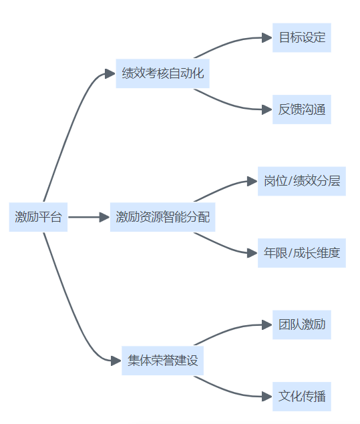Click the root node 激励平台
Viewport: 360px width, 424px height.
38,217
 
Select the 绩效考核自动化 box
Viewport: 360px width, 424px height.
162,73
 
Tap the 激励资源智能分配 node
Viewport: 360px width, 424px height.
162,217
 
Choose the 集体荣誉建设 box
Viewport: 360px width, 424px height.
162,361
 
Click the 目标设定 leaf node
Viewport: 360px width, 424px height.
302,37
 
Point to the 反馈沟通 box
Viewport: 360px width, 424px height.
302,110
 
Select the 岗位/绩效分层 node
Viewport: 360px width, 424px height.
302,181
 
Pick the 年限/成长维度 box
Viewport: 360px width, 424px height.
302,253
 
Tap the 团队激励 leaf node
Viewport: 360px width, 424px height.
302,325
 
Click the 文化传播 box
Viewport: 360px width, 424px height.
302,397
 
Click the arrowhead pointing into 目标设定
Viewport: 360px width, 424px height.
267,37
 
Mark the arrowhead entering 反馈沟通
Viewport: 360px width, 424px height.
267,110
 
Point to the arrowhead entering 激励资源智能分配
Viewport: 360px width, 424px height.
105,217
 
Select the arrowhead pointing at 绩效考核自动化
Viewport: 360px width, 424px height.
110,73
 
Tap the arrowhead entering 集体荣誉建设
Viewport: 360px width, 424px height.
116,361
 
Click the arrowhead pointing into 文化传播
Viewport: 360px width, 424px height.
267,397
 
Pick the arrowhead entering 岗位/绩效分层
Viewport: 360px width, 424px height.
252,181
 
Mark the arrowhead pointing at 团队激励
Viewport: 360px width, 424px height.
267,325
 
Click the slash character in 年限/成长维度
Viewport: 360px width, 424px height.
291,253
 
